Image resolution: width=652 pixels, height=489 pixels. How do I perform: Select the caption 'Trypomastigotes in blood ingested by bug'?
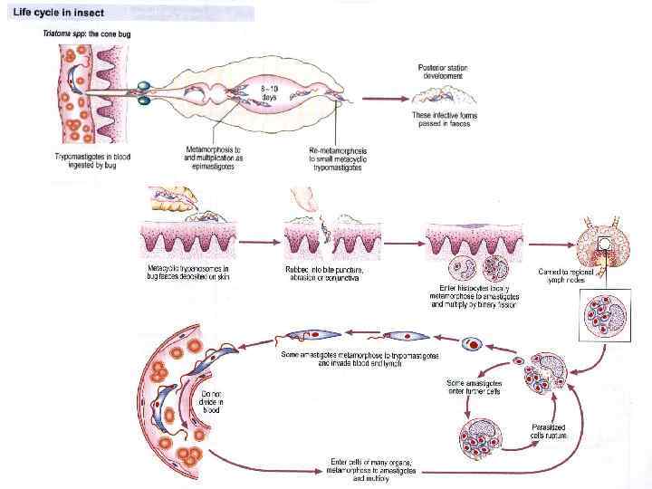[x=91, y=161]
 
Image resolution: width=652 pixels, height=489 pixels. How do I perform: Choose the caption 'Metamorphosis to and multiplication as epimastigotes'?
[x=215, y=156]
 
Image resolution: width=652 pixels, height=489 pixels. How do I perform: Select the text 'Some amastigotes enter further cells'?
[x=475, y=386]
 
